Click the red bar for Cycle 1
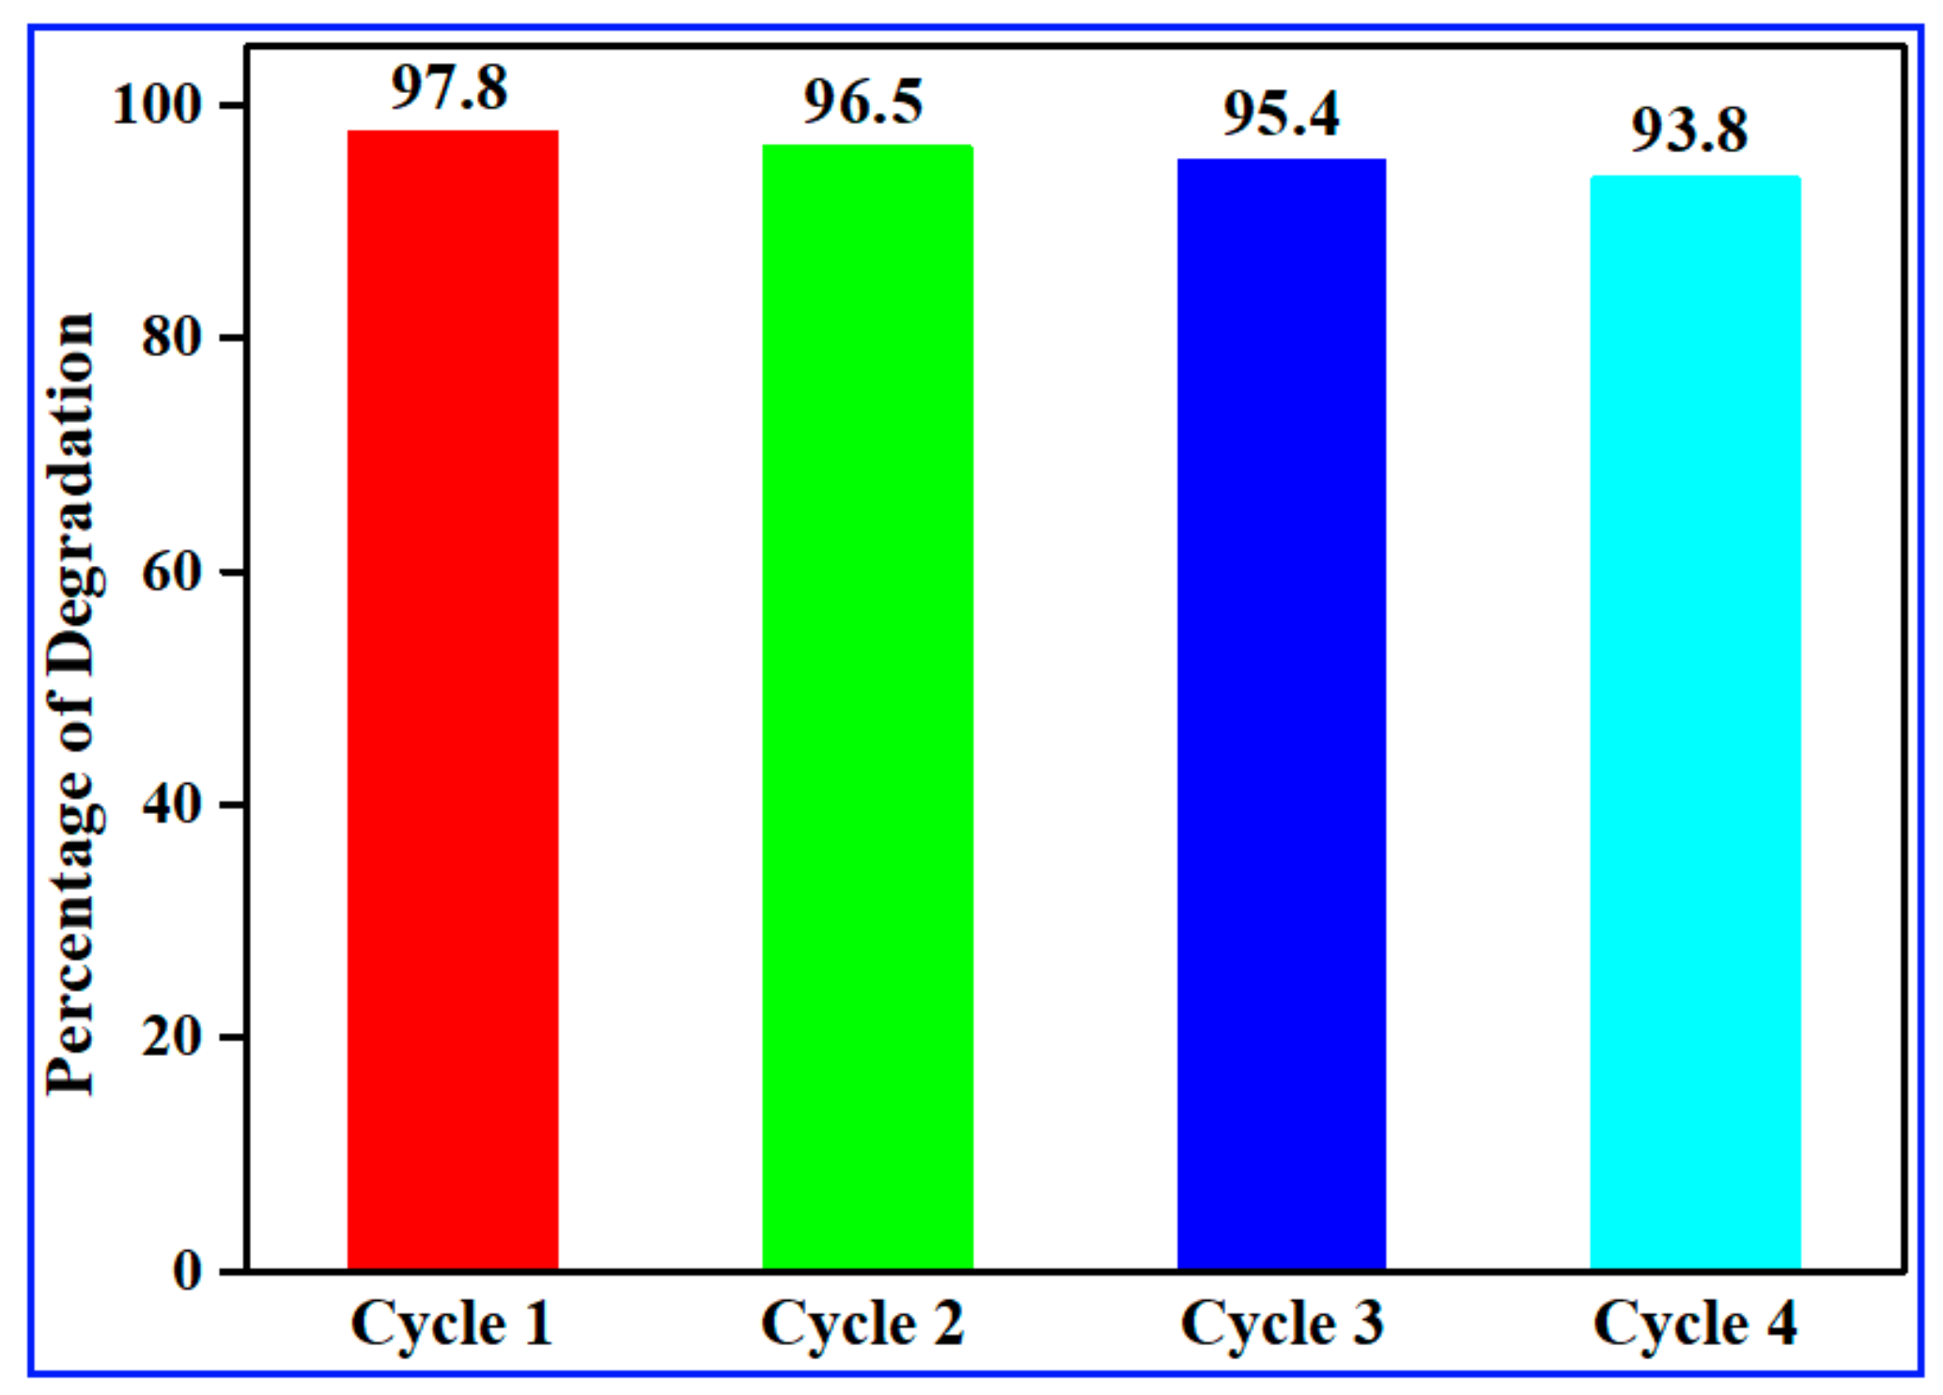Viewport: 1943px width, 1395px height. (x=453, y=700)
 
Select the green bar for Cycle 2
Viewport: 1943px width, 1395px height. (x=867, y=707)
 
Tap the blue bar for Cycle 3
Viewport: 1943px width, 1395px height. (x=1282, y=714)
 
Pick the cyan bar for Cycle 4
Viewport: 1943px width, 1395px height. (x=1695, y=723)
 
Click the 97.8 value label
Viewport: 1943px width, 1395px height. (x=449, y=88)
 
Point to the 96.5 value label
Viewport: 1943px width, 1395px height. (x=863, y=102)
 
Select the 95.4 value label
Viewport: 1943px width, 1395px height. (x=1281, y=115)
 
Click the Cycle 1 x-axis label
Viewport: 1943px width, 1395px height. (x=452, y=1324)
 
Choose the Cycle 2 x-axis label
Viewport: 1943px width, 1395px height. (x=863, y=1324)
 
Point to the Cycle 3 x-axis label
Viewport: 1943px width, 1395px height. (x=1282, y=1324)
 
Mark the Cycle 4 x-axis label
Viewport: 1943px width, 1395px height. (x=1695, y=1324)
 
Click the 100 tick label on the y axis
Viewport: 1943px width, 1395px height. (x=157, y=104)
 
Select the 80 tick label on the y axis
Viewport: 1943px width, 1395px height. (x=172, y=337)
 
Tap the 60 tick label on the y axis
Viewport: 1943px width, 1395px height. (x=172, y=571)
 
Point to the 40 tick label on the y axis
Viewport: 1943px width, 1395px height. (x=172, y=804)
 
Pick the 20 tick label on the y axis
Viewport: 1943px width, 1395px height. (x=172, y=1037)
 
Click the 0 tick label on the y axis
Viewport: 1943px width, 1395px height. (x=187, y=1270)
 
